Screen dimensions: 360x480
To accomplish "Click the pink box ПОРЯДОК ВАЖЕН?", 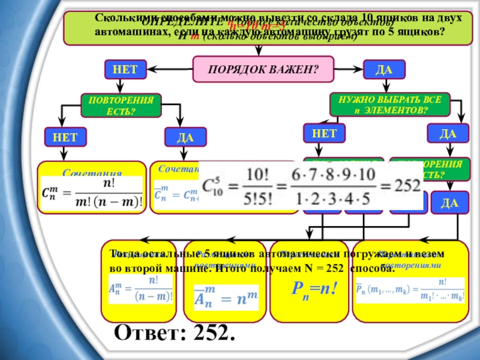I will (x=262, y=69).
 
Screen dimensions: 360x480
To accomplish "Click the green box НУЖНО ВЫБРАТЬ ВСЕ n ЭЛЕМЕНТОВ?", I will (x=389, y=105).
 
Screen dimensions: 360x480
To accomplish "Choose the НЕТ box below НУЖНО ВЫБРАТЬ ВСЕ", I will (x=324, y=132).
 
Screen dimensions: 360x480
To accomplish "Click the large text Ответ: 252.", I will (x=174, y=332).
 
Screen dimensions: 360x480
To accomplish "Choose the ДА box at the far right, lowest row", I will (x=449, y=204).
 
